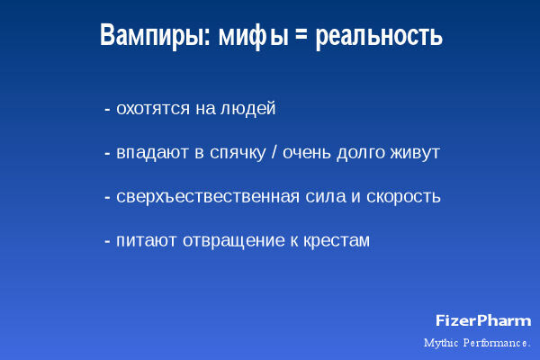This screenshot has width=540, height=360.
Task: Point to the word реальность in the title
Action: [378, 37]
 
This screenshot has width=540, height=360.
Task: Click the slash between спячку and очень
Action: [274, 153]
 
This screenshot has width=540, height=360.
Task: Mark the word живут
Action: [417, 153]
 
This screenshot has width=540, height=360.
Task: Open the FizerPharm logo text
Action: [483, 320]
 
